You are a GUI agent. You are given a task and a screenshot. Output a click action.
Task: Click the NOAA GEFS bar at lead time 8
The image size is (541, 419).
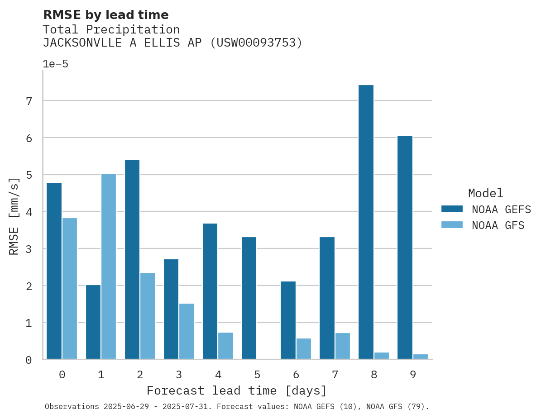[x=366, y=222]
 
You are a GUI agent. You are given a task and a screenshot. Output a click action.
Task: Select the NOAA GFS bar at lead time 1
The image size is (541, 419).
[x=109, y=267]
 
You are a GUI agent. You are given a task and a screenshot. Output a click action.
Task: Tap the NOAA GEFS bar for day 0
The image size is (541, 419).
[x=54, y=271]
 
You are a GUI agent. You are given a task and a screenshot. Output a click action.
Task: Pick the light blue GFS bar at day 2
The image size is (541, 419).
[x=148, y=316]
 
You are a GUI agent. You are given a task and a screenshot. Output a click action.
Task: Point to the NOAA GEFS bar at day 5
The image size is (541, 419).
[x=249, y=298]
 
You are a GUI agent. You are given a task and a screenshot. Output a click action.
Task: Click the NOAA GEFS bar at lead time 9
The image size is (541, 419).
[x=405, y=248]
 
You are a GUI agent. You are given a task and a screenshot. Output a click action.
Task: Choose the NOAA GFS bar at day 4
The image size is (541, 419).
[x=225, y=346]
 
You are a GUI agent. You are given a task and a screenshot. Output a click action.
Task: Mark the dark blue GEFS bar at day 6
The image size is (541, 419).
[x=288, y=320]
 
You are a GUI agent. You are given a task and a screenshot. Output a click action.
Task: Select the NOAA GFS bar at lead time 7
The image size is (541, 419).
[x=343, y=346]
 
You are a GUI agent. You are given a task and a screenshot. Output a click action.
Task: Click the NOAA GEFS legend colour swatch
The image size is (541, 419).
[x=452, y=209]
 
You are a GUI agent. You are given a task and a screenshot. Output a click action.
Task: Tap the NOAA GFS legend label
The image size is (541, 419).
[x=498, y=225]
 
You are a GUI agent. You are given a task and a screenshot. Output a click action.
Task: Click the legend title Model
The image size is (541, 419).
[x=485, y=194]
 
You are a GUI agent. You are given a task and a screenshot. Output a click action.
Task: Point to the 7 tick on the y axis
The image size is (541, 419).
[x=29, y=101]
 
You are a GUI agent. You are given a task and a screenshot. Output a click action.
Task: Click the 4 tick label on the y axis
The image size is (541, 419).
[x=29, y=212]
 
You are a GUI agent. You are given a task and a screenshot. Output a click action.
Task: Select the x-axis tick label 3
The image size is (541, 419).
[x=179, y=375]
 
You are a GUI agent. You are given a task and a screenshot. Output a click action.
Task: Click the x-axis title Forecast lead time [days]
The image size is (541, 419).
[x=237, y=390]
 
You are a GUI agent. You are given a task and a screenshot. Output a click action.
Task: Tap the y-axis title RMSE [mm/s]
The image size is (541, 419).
[x=14, y=215]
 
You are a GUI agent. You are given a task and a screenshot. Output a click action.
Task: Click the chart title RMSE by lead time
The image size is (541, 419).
[x=106, y=15]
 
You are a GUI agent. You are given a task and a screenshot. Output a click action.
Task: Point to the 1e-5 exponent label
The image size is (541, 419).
[x=56, y=64]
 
